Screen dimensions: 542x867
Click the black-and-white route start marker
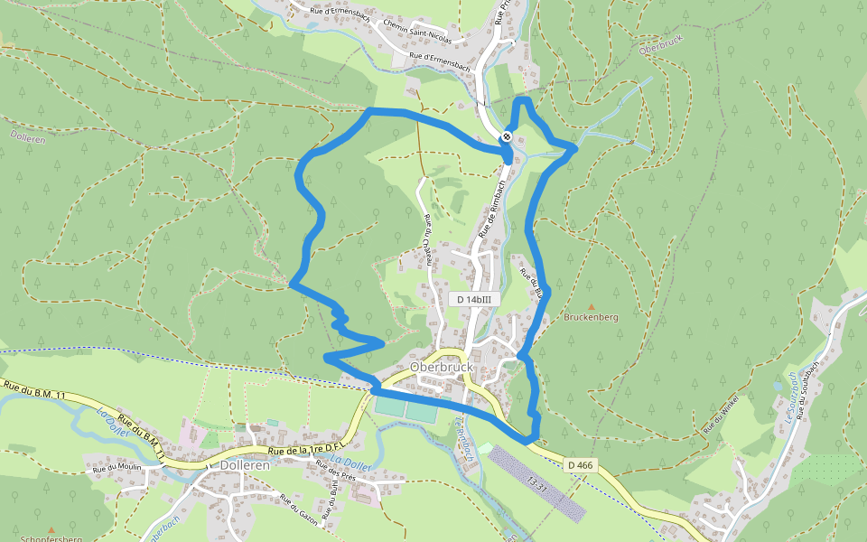[x=508, y=137]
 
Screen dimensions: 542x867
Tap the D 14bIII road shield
[x=473, y=299]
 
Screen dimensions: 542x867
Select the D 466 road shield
[x=581, y=465]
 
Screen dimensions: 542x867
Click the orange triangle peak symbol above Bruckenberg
[x=592, y=307]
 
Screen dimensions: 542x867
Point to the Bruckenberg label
[x=591, y=318]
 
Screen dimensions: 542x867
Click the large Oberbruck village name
[x=442, y=368]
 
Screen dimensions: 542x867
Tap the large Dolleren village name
[x=245, y=465]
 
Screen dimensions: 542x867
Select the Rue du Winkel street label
[x=722, y=412]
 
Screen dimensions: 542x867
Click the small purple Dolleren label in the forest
[x=28, y=137]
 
